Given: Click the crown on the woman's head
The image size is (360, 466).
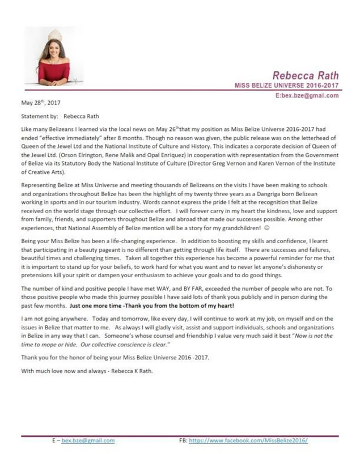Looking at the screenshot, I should (x=54, y=33).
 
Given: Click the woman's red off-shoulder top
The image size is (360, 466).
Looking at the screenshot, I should (x=54, y=72).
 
